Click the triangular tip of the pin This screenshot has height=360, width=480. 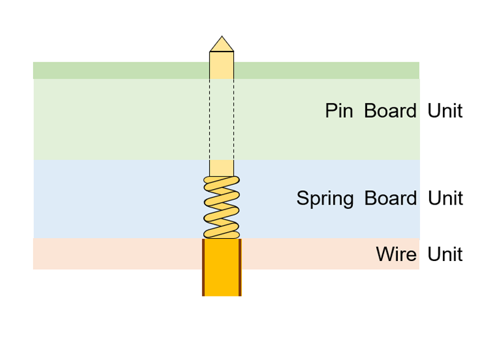[221, 45]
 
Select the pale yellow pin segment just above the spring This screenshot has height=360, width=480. [221, 167]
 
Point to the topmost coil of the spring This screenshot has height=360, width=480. [221, 181]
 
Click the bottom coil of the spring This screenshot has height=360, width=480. [221, 233]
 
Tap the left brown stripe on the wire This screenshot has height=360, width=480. [203, 268]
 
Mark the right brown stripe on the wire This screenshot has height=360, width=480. [240, 268]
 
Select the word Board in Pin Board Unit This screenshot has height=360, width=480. [390, 111]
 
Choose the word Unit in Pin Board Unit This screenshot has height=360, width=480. [445, 111]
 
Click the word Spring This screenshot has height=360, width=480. [325, 199]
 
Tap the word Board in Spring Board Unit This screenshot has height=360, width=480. [390, 199]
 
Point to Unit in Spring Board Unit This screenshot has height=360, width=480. [445, 199]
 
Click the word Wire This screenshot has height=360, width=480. [396, 254]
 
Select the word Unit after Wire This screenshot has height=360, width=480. [445, 254]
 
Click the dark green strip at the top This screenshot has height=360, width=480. [120, 70]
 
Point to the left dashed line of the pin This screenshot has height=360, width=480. [209, 120]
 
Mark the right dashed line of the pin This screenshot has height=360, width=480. [233, 120]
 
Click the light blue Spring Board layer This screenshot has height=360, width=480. [120, 199]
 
